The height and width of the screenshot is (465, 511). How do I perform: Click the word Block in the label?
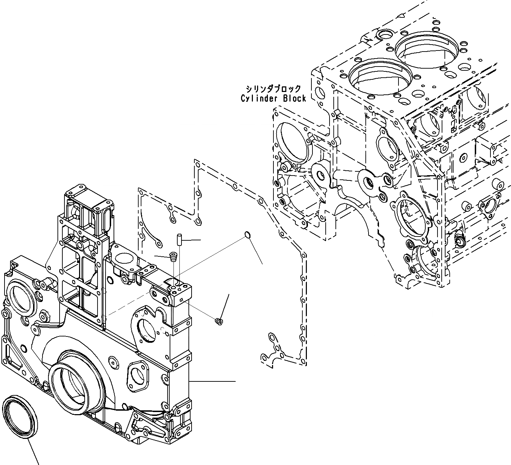pyautogui.click(x=294, y=99)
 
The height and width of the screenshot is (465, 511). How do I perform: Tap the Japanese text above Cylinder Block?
pyautogui.click(x=273, y=89)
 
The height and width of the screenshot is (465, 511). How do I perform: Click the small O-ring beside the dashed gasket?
pyautogui.click(x=247, y=236)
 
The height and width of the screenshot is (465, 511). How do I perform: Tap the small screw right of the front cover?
pyautogui.click(x=219, y=321)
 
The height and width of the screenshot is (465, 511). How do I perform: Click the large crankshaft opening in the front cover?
pyautogui.click(x=75, y=383)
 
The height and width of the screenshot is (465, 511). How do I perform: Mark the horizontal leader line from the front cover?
pyautogui.click(x=212, y=381)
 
